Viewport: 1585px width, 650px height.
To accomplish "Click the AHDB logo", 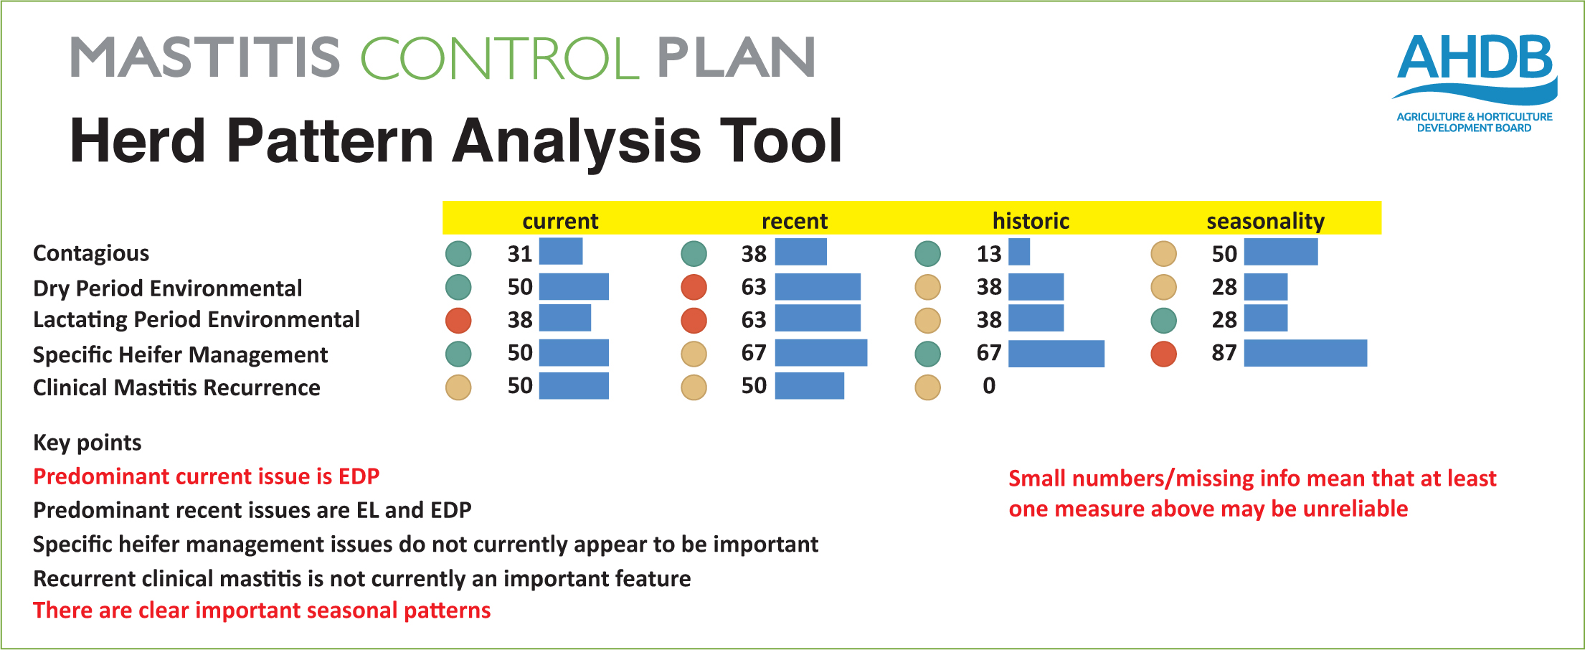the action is [1475, 83].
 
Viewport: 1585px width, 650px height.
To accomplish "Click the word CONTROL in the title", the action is [500, 58].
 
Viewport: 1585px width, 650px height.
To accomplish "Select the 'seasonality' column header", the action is [1265, 221].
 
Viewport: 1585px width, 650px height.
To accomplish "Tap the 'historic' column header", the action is [1031, 221].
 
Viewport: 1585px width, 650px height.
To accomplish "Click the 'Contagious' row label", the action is [91, 253].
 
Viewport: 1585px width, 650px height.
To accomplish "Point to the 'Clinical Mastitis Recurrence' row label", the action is [176, 387].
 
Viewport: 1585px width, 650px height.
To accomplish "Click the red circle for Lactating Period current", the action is [458, 321].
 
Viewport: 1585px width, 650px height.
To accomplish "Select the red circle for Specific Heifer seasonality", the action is [1163, 354].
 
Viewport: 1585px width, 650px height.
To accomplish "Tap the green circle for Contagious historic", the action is [927, 253].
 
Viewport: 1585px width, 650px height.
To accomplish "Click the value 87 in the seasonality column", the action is [1224, 353].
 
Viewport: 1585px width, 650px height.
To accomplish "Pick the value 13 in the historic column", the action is [989, 254].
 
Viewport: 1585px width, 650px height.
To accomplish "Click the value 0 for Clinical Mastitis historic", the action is [989, 386].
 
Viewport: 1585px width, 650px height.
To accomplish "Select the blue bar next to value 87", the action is [1305, 353].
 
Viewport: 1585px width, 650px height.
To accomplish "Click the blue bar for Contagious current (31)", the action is [561, 251].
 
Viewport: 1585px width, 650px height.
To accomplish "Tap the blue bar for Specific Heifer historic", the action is [1056, 354].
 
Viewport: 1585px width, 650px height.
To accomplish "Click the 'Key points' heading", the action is [87, 443].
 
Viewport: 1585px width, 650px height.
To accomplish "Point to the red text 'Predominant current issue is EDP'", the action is [207, 476].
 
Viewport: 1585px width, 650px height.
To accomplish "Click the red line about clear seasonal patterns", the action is [262, 611].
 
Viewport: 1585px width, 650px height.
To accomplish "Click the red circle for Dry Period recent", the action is [694, 287].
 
